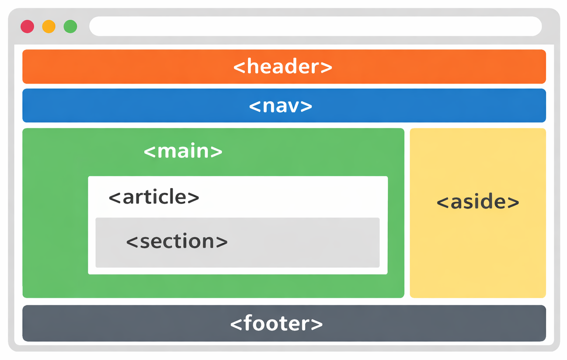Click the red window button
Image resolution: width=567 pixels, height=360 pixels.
(x=27, y=27)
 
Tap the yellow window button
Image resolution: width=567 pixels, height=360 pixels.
(x=49, y=27)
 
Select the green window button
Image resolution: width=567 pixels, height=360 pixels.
(x=70, y=27)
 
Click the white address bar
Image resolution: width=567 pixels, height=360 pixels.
(x=315, y=26)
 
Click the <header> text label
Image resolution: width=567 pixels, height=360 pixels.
(x=283, y=66)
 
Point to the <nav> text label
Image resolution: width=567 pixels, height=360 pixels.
(x=281, y=106)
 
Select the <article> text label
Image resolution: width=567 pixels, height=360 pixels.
(x=154, y=197)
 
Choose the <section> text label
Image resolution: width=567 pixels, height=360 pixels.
(x=177, y=241)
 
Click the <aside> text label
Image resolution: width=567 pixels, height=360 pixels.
(x=478, y=202)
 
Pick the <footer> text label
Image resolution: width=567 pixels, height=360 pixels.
(x=276, y=324)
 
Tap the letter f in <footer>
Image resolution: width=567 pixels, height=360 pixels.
(x=248, y=323)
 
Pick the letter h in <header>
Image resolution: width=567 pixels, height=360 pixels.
(x=251, y=66)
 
